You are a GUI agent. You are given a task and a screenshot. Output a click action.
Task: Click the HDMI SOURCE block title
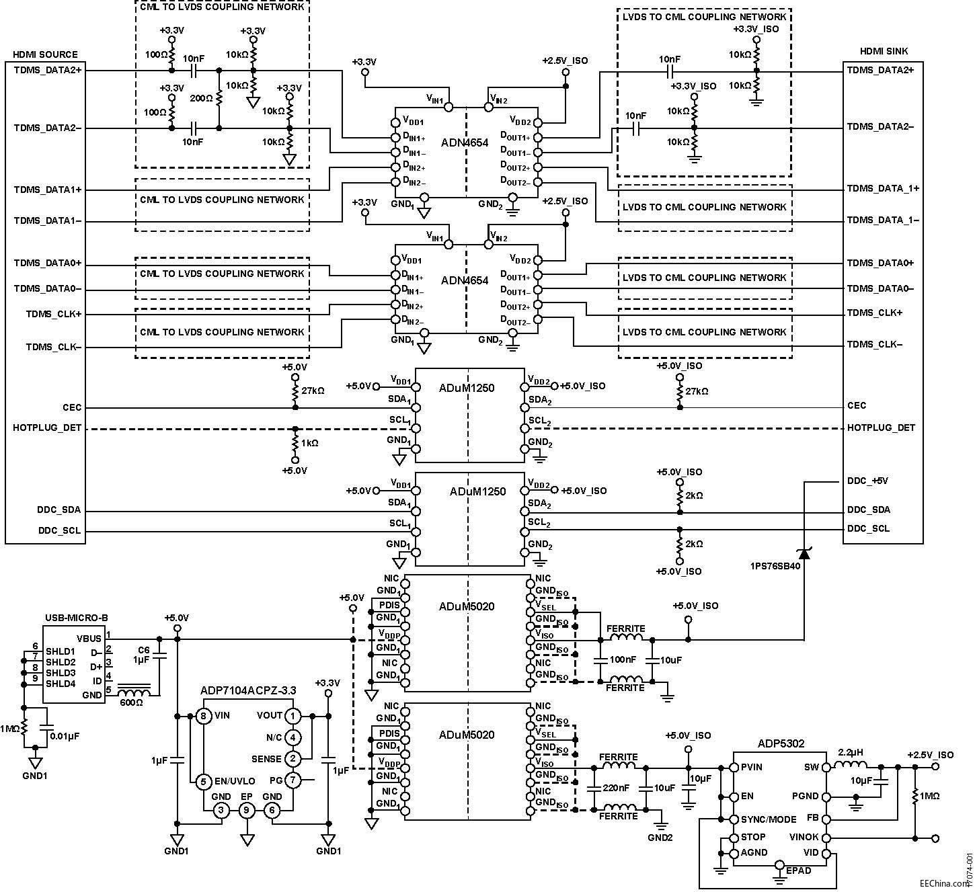(x=45, y=54)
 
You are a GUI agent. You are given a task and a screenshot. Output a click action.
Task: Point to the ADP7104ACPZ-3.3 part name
(x=248, y=690)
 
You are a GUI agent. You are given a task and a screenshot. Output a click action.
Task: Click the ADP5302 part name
(x=781, y=743)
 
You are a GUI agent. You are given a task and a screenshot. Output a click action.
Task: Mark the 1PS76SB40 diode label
(x=775, y=566)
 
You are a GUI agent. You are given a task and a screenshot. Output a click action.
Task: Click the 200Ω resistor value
(x=201, y=98)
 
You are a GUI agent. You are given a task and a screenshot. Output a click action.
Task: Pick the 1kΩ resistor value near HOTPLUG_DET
(x=310, y=443)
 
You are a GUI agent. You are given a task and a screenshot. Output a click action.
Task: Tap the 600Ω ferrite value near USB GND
(x=130, y=702)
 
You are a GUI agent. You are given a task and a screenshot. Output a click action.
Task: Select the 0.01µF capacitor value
(x=65, y=736)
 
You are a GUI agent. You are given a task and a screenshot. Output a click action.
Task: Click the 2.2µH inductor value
(x=851, y=752)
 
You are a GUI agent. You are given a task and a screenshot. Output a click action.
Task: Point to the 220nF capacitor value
(x=616, y=788)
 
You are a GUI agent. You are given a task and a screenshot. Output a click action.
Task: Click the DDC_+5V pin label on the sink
(x=868, y=481)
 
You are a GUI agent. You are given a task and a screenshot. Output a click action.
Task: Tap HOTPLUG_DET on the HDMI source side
(x=47, y=428)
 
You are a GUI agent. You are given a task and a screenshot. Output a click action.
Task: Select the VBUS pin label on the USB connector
(x=89, y=638)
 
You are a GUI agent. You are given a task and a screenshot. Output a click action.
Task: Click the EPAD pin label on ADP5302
(x=798, y=870)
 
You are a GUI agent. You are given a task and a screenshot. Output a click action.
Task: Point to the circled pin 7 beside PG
(x=292, y=780)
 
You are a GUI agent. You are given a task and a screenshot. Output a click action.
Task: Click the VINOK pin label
(x=804, y=837)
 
